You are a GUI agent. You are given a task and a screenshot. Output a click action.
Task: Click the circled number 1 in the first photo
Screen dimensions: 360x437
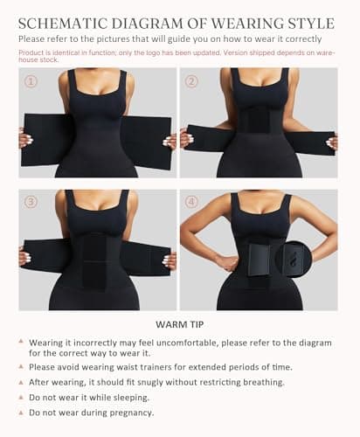tap(31, 81)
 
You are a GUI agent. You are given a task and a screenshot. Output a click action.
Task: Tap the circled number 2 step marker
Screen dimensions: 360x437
tap(191, 81)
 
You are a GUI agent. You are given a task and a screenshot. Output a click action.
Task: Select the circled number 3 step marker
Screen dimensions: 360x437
tap(31, 202)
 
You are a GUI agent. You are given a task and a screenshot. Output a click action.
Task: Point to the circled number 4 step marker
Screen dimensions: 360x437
tap(191, 202)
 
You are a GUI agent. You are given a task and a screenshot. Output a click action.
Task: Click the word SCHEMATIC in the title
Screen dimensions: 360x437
tap(63, 24)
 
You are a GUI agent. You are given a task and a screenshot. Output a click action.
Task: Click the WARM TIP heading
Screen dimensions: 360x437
tap(180, 324)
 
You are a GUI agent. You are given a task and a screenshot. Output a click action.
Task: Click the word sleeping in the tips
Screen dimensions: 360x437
tap(131, 398)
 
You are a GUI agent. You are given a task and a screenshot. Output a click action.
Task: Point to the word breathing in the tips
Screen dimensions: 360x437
tap(264, 383)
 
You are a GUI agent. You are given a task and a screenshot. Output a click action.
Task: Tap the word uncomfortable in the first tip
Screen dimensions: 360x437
tap(187, 343)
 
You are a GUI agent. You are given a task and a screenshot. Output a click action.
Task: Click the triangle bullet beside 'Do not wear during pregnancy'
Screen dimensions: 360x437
tap(21, 413)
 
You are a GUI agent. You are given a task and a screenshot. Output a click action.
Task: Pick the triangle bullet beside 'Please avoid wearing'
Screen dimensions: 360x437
tap(21, 366)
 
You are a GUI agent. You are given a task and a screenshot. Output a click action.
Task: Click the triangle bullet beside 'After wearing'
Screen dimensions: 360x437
tap(21, 382)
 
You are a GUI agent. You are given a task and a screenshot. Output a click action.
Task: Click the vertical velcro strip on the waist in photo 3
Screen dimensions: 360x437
tap(94, 261)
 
